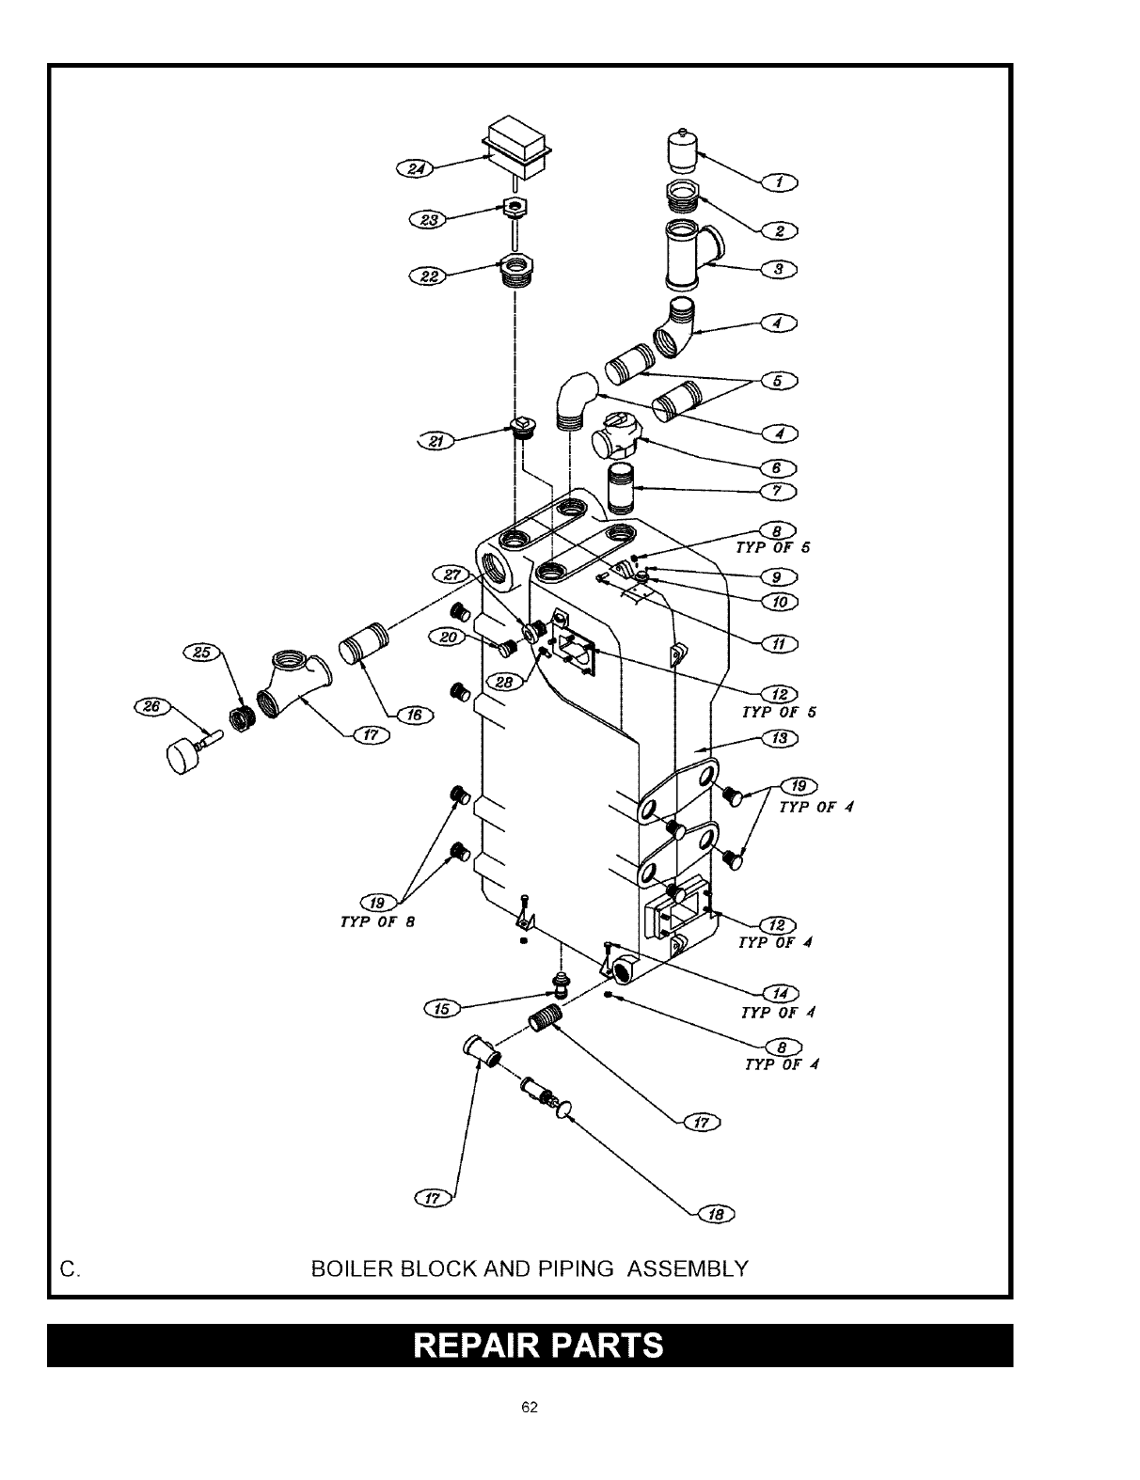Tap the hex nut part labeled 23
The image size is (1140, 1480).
point(515,208)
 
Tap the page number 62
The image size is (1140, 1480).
point(530,1407)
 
